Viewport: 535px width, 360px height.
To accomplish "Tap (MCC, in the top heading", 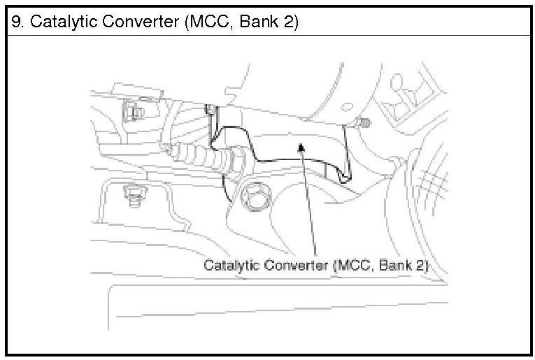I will coord(212,22).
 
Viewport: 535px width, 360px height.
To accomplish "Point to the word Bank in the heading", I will coord(264,22).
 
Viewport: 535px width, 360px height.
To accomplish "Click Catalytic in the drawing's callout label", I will coord(229,266).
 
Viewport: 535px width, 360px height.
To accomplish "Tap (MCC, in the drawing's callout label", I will coord(355,266).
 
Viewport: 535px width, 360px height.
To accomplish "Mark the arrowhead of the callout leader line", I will coord(301,146).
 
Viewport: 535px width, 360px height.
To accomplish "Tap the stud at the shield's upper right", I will coord(364,124).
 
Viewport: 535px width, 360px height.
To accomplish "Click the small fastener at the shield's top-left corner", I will coord(209,110).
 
